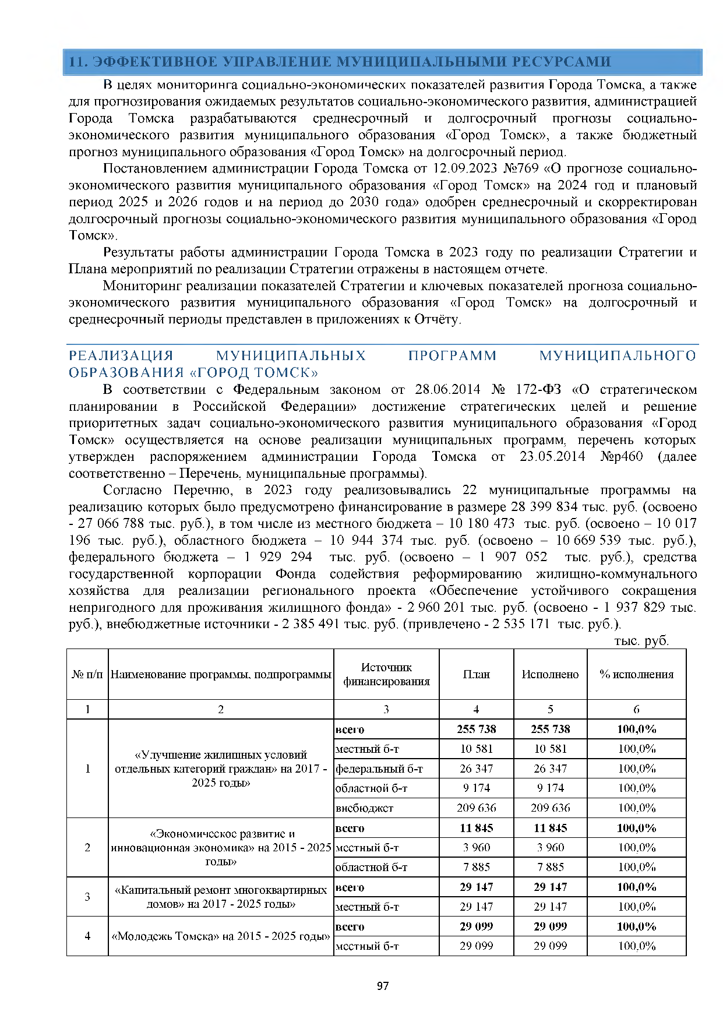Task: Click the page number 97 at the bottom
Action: point(383,986)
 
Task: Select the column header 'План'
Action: point(476,674)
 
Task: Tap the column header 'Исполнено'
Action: point(550,674)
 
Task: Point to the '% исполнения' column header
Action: point(636,674)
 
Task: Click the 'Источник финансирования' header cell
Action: point(386,674)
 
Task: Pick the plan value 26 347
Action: point(476,769)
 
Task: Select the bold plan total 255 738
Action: point(476,729)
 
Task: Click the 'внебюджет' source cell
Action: point(365,808)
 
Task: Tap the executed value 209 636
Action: point(550,808)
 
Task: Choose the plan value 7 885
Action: point(476,867)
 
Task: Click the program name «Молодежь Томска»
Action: point(221,936)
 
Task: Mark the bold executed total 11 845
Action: point(550,828)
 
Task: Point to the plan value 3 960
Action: point(476,848)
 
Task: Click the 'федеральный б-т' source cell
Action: point(379,769)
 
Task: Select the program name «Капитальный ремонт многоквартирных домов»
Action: point(221,897)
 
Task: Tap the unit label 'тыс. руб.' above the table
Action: point(641,641)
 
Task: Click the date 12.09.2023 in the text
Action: point(464,169)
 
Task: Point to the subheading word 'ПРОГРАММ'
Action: point(452,356)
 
